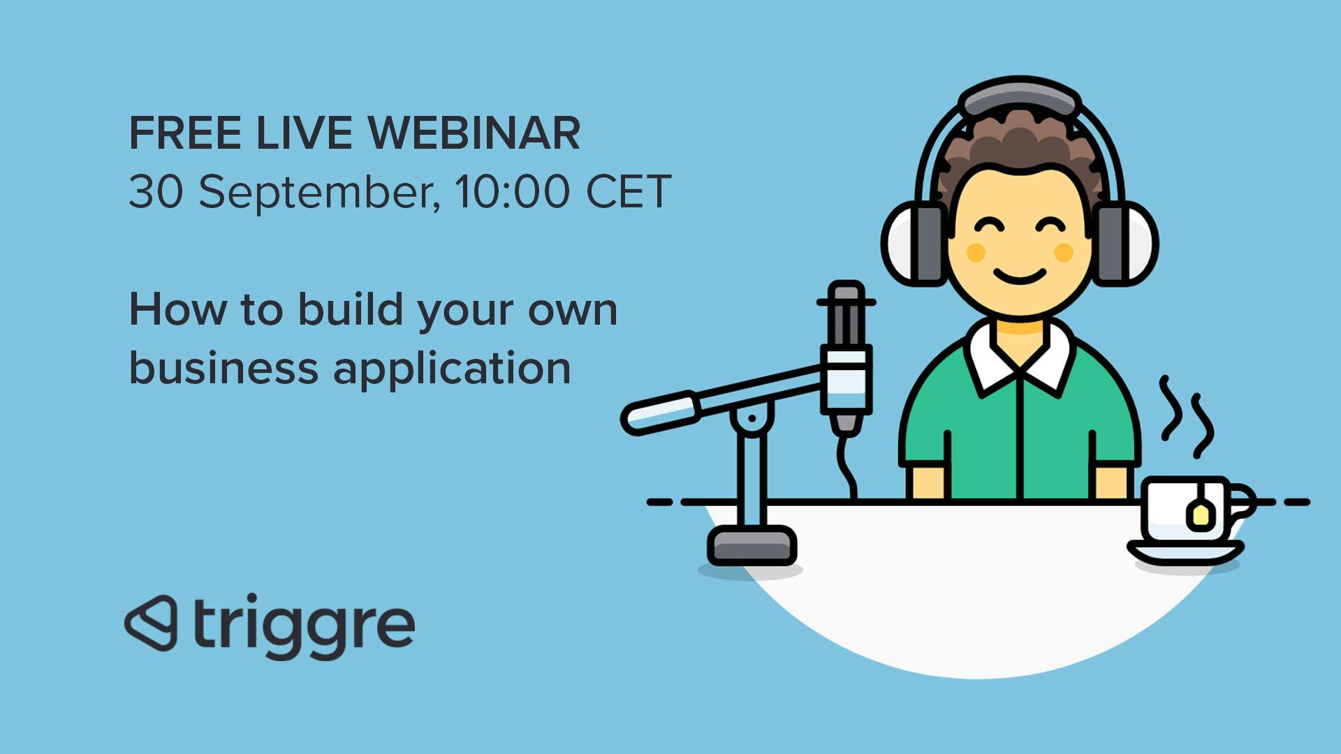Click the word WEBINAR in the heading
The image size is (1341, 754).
click(x=474, y=133)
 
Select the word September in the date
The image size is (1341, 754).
click(x=319, y=193)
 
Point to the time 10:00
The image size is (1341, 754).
click(x=512, y=191)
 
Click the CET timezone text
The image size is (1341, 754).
click(x=629, y=191)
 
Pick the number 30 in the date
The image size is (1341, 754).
click(x=156, y=191)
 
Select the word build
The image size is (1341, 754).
click(x=351, y=309)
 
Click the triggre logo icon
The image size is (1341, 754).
click(x=151, y=623)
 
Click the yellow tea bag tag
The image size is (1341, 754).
click(x=1200, y=515)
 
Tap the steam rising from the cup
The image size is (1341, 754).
click(x=1186, y=417)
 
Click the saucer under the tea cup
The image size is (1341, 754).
click(x=1185, y=552)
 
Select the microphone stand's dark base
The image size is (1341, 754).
click(x=752, y=545)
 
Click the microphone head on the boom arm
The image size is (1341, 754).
click(x=846, y=356)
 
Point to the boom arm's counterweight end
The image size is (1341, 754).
click(x=661, y=413)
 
